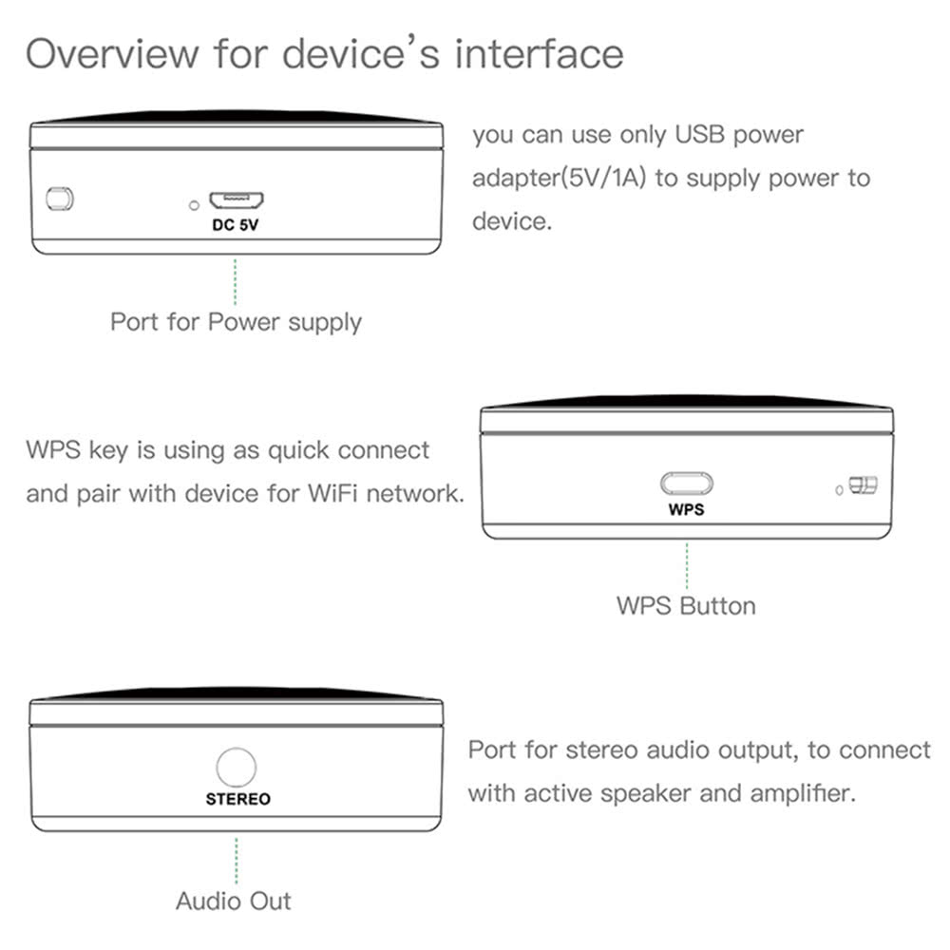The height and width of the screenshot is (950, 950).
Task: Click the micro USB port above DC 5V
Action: coord(237,201)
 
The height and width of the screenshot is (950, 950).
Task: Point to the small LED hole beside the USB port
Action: coord(195,204)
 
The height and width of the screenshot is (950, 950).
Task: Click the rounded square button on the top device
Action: coord(60,199)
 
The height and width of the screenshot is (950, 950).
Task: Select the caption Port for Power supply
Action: coord(236,321)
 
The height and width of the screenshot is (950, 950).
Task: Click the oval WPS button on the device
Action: coord(687,484)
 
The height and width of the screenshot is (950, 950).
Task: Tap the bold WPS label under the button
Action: coord(687,509)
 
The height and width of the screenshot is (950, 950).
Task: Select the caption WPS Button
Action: coord(686,605)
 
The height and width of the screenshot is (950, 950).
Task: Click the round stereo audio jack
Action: coord(237,767)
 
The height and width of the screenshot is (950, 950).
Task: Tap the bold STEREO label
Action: coord(237,799)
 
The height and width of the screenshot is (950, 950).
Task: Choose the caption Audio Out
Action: coord(234,900)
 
